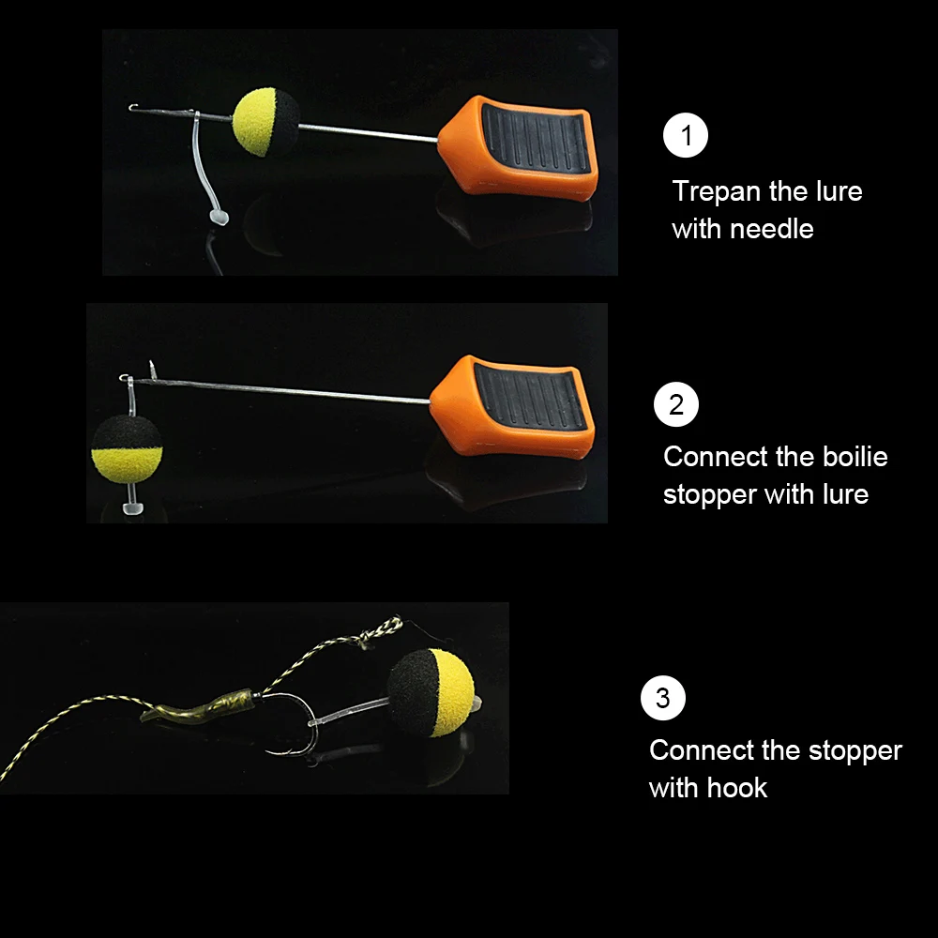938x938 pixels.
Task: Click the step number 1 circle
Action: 686,136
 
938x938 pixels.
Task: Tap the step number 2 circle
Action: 676,406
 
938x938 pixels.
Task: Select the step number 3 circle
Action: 663,698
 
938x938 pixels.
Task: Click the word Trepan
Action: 717,191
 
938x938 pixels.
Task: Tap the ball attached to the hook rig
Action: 431,691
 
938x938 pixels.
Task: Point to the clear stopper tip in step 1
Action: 217,218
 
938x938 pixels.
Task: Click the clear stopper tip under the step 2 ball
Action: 131,509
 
